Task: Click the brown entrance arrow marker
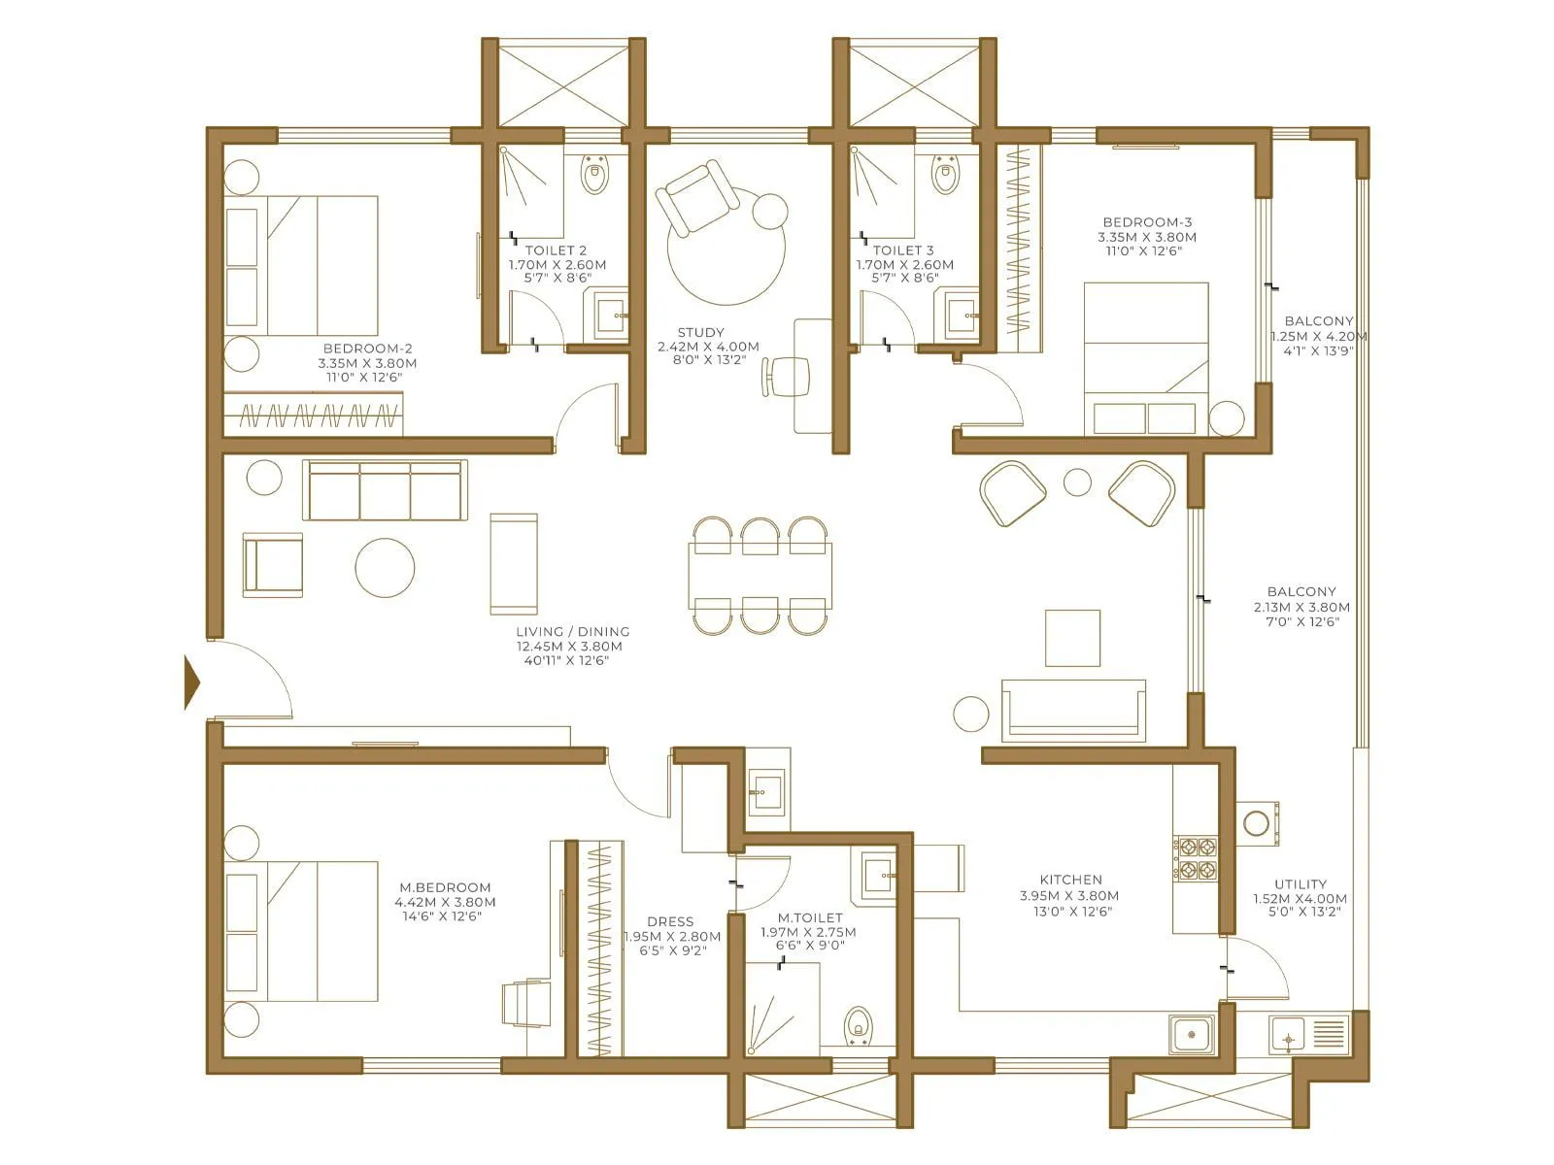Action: (x=192, y=683)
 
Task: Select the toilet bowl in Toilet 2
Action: (x=594, y=177)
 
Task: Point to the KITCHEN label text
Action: (x=1070, y=880)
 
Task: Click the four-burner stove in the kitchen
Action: (x=1196, y=858)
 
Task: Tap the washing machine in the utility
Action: (x=1260, y=821)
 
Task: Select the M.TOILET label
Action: (x=810, y=917)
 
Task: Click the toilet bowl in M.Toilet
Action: (x=857, y=1024)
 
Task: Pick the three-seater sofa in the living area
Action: (x=385, y=490)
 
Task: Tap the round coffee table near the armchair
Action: (x=385, y=567)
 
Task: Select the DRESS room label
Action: (x=670, y=921)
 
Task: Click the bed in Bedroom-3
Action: (x=1146, y=359)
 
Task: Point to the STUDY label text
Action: (x=702, y=332)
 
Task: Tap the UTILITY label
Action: (x=1301, y=884)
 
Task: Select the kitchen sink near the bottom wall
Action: (x=1192, y=1035)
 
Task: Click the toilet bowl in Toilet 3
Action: (x=943, y=177)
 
